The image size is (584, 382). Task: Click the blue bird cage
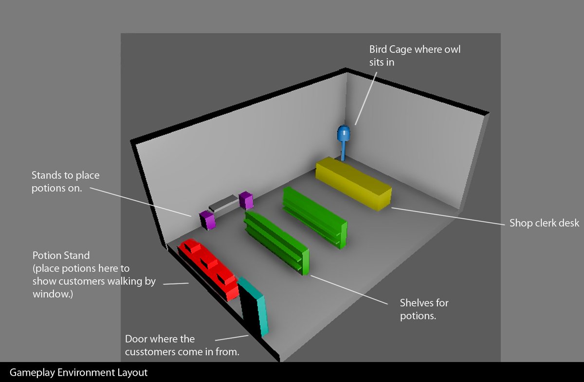[x=344, y=133]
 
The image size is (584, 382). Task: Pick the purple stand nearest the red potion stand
[x=208, y=220]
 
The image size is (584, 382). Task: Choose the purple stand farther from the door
[x=245, y=200]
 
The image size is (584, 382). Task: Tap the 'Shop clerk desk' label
[x=544, y=223]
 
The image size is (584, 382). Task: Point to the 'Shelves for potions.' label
[x=424, y=309]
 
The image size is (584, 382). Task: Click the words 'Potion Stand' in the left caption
[x=61, y=255]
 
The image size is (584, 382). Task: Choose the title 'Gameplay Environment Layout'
[x=78, y=373]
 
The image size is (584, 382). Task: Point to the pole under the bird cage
[x=344, y=151]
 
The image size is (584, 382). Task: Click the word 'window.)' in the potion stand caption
[x=53, y=294]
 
